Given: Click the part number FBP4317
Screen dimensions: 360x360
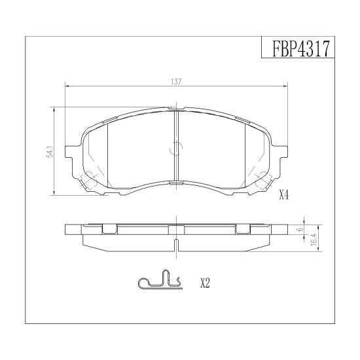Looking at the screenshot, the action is [301, 48].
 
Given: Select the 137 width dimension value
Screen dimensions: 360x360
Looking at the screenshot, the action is [176, 82].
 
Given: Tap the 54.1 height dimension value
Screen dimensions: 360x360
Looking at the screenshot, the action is [50, 152].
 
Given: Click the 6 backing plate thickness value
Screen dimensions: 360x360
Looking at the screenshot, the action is [302, 229].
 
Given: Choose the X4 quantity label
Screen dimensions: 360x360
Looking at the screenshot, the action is [284, 196].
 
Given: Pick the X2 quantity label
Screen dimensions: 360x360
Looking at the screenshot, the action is [206, 283].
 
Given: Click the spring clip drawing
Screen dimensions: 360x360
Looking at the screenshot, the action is [160, 279].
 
